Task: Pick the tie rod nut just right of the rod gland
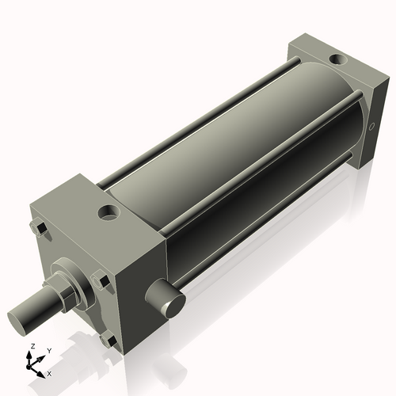pyautogui.click(x=101, y=280)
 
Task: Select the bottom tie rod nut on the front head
pyautogui.click(x=109, y=341)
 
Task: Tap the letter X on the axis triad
pyautogui.click(x=49, y=372)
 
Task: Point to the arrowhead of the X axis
pyautogui.click(x=42, y=370)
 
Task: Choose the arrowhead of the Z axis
pyautogui.click(x=31, y=355)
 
